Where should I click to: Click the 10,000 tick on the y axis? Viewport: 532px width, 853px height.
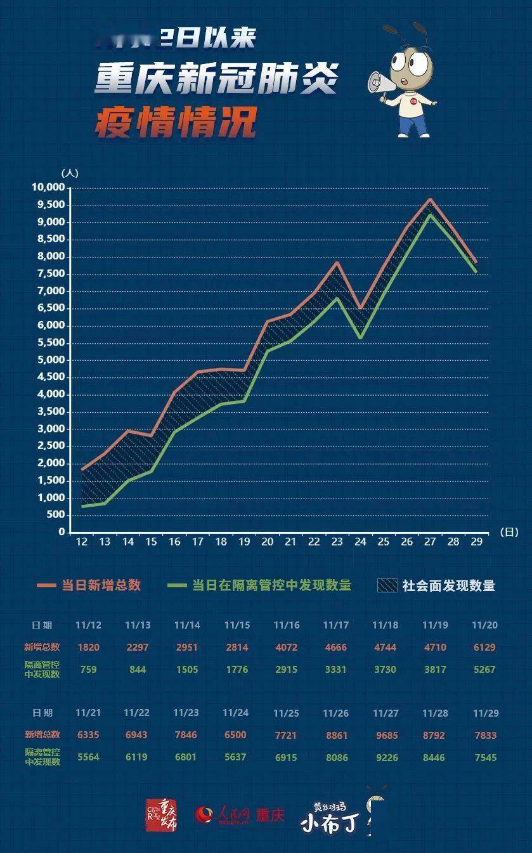click(48, 188)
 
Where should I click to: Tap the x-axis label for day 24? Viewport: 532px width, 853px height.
click(360, 542)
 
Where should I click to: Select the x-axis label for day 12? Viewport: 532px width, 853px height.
click(82, 542)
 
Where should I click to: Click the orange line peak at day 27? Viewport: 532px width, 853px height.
click(430, 199)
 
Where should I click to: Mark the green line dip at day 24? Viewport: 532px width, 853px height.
click(360, 338)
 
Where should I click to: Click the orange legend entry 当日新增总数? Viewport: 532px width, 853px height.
click(101, 585)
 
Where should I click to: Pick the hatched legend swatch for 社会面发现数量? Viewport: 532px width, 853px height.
click(387, 585)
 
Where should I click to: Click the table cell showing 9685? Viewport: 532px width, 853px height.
click(385, 736)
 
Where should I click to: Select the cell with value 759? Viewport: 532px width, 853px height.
click(89, 669)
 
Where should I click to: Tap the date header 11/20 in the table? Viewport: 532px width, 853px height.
click(484, 625)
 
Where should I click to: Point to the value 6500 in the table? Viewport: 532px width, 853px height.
click(235, 736)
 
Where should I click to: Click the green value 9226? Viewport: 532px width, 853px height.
click(385, 757)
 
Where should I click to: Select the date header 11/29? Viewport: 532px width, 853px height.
click(485, 713)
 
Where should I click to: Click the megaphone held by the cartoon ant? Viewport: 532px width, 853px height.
click(379, 82)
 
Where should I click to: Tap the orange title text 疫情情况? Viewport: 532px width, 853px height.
click(175, 121)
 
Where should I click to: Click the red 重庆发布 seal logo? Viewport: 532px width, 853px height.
click(161, 816)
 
